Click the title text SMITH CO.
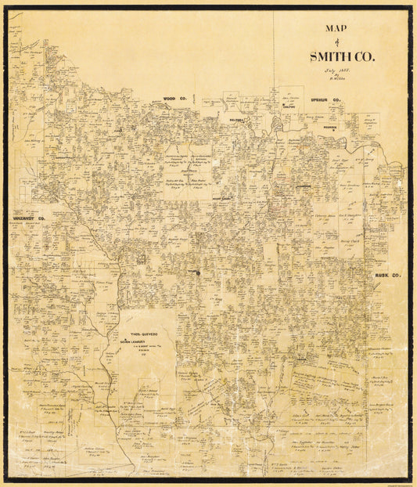[x=342, y=56]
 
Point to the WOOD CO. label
[x=173, y=99]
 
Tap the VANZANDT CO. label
[x=31, y=218]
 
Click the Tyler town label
[x=192, y=272]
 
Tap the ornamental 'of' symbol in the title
[x=341, y=41]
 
